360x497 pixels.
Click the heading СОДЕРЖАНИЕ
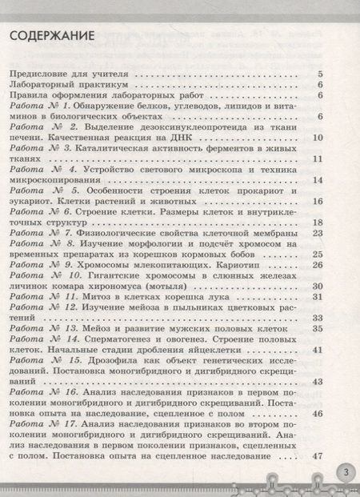[52, 36]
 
